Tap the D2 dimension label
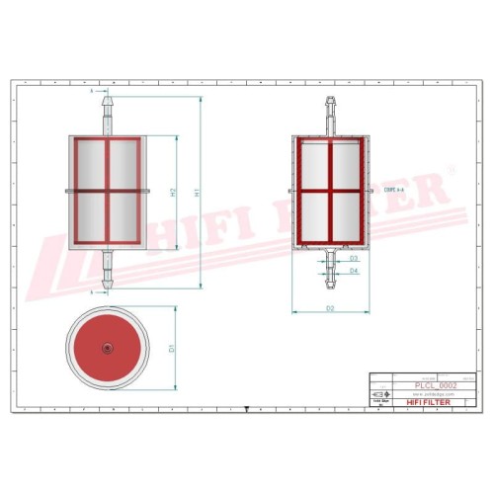tap(329, 309)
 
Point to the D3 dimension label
tap(353, 258)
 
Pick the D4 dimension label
tap(353, 270)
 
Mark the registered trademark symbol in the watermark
tap(452, 170)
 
